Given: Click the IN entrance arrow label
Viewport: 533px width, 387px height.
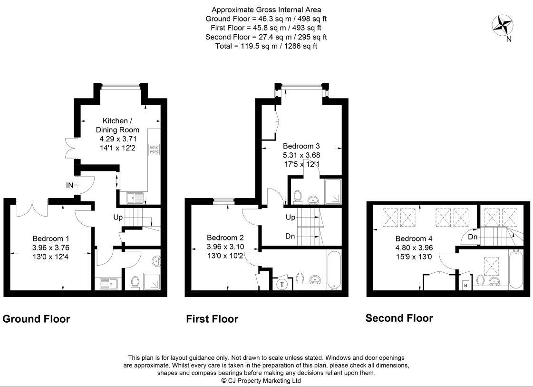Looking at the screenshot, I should (x=69, y=185).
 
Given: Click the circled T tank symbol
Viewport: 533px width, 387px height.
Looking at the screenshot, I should (x=282, y=284).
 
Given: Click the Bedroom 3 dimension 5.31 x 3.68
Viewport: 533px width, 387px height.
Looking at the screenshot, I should (x=301, y=155).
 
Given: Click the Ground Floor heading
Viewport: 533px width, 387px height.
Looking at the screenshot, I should (x=36, y=319).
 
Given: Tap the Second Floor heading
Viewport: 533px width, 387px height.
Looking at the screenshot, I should (x=399, y=318).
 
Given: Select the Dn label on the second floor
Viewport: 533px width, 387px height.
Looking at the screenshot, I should (x=472, y=237).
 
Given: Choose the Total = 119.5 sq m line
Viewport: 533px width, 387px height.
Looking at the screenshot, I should (x=266, y=46).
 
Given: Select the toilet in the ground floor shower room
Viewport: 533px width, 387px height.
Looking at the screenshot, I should (x=135, y=283).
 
